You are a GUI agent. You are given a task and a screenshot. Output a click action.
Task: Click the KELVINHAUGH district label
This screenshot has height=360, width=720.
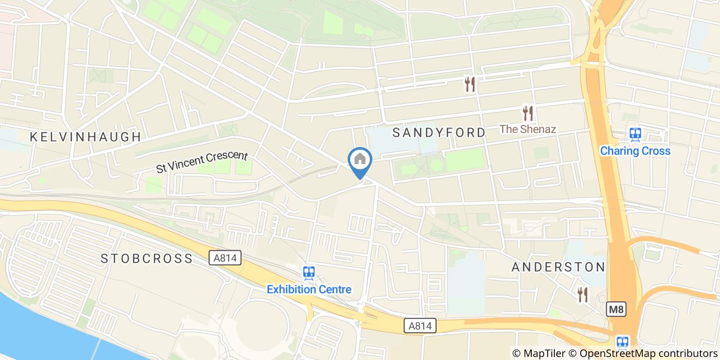(85, 137)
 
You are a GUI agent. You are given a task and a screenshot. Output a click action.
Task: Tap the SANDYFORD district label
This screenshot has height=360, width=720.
(439, 133)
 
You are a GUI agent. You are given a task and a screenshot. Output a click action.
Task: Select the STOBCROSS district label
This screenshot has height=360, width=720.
(147, 258)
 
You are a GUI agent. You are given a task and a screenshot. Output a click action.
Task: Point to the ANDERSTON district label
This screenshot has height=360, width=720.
(558, 267)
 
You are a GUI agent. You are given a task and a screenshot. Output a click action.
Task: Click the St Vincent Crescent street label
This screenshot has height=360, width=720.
(202, 163)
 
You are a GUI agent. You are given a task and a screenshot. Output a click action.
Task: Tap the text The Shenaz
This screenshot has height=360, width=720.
(528, 129)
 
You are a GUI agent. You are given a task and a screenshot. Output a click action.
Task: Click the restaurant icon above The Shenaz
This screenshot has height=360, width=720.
(528, 113)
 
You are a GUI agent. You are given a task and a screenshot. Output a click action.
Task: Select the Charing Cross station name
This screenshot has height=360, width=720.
(635, 151)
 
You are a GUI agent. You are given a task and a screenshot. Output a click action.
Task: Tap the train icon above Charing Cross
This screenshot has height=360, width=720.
(636, 134)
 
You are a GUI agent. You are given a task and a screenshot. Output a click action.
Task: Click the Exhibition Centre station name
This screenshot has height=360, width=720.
(309, 289)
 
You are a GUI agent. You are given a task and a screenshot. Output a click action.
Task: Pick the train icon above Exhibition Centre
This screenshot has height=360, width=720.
(309, 273)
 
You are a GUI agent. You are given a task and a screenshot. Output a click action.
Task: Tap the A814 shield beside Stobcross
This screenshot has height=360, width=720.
(226, 258)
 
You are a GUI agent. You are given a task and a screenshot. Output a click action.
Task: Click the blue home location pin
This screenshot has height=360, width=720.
(360, 160)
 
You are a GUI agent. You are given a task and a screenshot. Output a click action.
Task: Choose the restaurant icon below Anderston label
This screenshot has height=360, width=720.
(582, 295)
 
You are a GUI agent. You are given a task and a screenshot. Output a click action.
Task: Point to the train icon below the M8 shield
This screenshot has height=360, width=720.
(622, 342)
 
